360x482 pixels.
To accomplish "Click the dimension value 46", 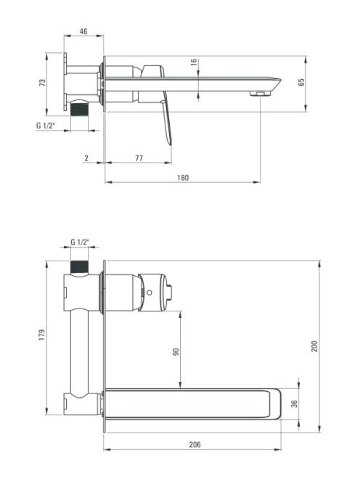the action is [83, 31].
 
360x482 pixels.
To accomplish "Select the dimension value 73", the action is [42, 82].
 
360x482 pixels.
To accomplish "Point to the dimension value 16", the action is [193, 62].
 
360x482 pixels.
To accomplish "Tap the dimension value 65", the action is [301, 82].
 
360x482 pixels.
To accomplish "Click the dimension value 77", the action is [139, 158].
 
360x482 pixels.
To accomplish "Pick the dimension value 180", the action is [183, 178].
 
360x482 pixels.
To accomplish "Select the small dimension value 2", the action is [86, 158].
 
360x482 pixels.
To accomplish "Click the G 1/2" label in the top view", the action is [46, 125].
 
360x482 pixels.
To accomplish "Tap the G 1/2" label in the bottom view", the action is [80, 242].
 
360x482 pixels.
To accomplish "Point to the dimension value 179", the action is [41, 335].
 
